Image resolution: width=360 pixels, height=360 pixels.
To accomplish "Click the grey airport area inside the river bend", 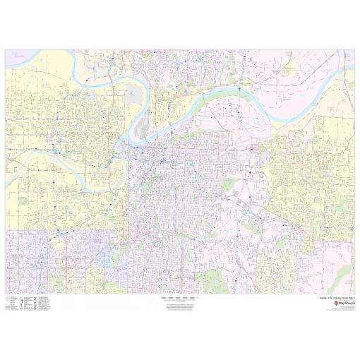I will [x=134, y=95].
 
